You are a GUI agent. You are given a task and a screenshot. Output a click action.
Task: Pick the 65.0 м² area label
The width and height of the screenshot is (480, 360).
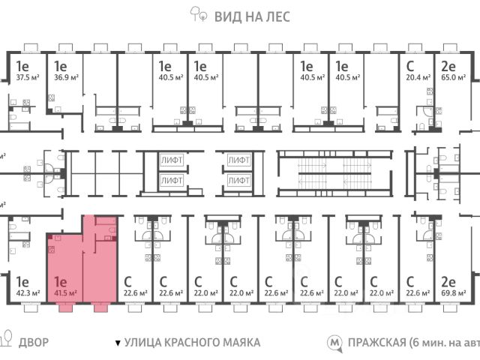pos(453,76)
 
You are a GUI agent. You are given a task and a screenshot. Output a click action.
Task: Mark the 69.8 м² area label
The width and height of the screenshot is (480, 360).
pos(452,293)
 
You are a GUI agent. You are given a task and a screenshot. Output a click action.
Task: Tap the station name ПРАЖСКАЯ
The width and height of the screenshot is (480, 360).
pos(375,342)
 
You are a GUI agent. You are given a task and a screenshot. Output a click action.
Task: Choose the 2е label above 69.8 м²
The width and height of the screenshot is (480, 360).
pos(448,281)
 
